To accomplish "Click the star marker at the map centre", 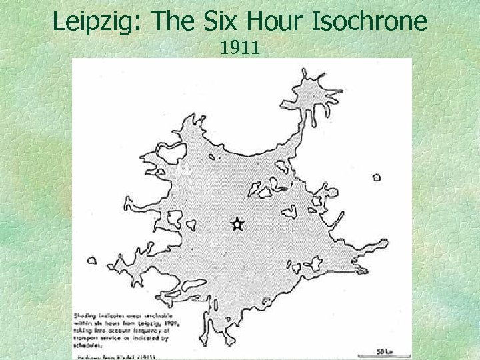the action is point(237,225).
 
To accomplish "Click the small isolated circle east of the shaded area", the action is point(377,177).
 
